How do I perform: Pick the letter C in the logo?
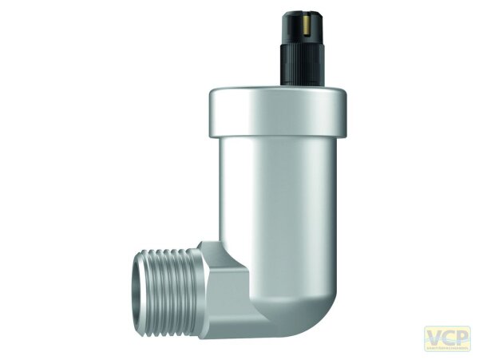click(446, 335)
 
